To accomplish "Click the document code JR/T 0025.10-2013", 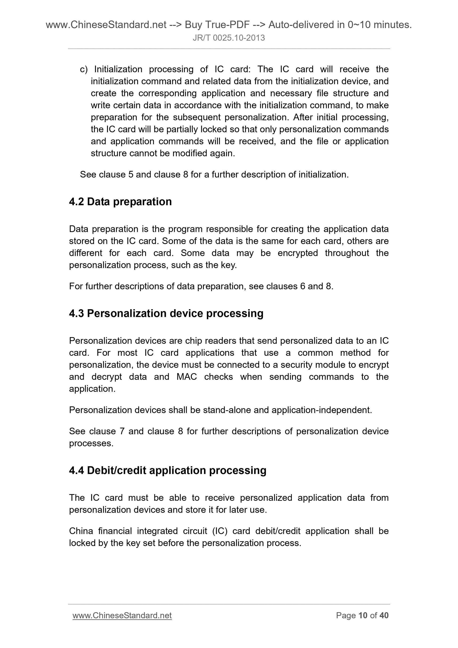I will point(229,38).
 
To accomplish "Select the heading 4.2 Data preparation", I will point(120,202).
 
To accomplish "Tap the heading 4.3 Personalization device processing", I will point(166,314).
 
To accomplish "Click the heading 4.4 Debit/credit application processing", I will point(168,471).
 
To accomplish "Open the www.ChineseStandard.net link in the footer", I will point(122,616).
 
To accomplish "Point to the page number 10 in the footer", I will point(363,616).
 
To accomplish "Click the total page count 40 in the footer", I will point(384,616).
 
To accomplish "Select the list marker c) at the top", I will point(84,69).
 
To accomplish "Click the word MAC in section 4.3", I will point(187,377).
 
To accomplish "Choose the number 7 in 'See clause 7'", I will point(122,431).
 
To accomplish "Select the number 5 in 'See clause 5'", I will point(131,175).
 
